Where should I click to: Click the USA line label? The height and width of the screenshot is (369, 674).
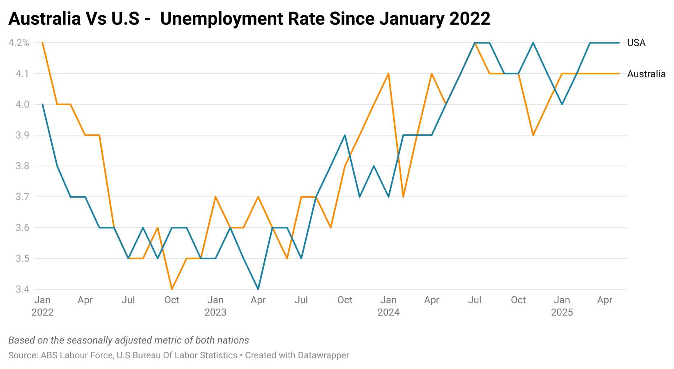pos(636,43)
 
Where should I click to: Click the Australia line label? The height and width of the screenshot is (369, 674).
pos(646,74)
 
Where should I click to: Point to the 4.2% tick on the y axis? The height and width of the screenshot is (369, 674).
pos(19,43)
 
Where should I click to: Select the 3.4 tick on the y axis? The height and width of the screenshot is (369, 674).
pos(23,289)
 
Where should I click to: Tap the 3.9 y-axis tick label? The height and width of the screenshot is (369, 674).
pos(23,135)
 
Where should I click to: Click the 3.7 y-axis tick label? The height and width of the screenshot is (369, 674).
pos(23,197)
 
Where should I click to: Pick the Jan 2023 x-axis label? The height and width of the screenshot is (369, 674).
pos(215,306)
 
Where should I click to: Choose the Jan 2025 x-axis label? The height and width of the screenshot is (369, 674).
pos(562,306)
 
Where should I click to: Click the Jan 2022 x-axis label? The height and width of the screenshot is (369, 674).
pos(42,306)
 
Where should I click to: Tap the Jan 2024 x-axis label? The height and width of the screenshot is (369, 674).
pos(388,306)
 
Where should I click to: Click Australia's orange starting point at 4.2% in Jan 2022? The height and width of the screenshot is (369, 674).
pos(43,43)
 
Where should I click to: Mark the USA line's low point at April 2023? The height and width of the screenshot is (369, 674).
pos(258,289)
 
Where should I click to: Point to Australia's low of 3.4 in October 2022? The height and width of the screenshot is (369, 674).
pos(172,289)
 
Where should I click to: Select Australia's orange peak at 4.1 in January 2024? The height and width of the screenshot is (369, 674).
pos(388,74)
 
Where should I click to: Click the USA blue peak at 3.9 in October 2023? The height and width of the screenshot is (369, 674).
pos(345,135)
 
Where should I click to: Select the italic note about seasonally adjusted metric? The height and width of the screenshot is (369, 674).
pos(129,340)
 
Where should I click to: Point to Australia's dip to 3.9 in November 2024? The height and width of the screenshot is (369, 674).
pos(533,135)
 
